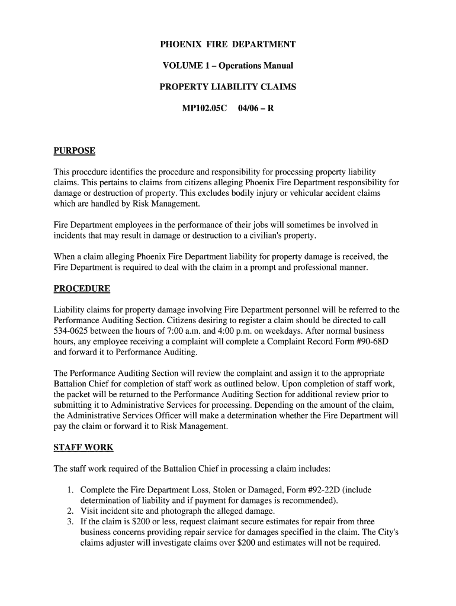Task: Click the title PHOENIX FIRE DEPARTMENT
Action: (228, 44)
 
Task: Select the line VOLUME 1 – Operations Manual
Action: (228, 66)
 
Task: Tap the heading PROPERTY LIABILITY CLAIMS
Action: (228, 87)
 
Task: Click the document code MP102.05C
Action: (204, 108)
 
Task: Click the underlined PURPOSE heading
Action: (75, 151)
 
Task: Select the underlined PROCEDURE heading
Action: (82, 289)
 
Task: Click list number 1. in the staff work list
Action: (70, 490)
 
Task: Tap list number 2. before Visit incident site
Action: (70, 511)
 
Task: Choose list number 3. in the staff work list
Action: (70, 522)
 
